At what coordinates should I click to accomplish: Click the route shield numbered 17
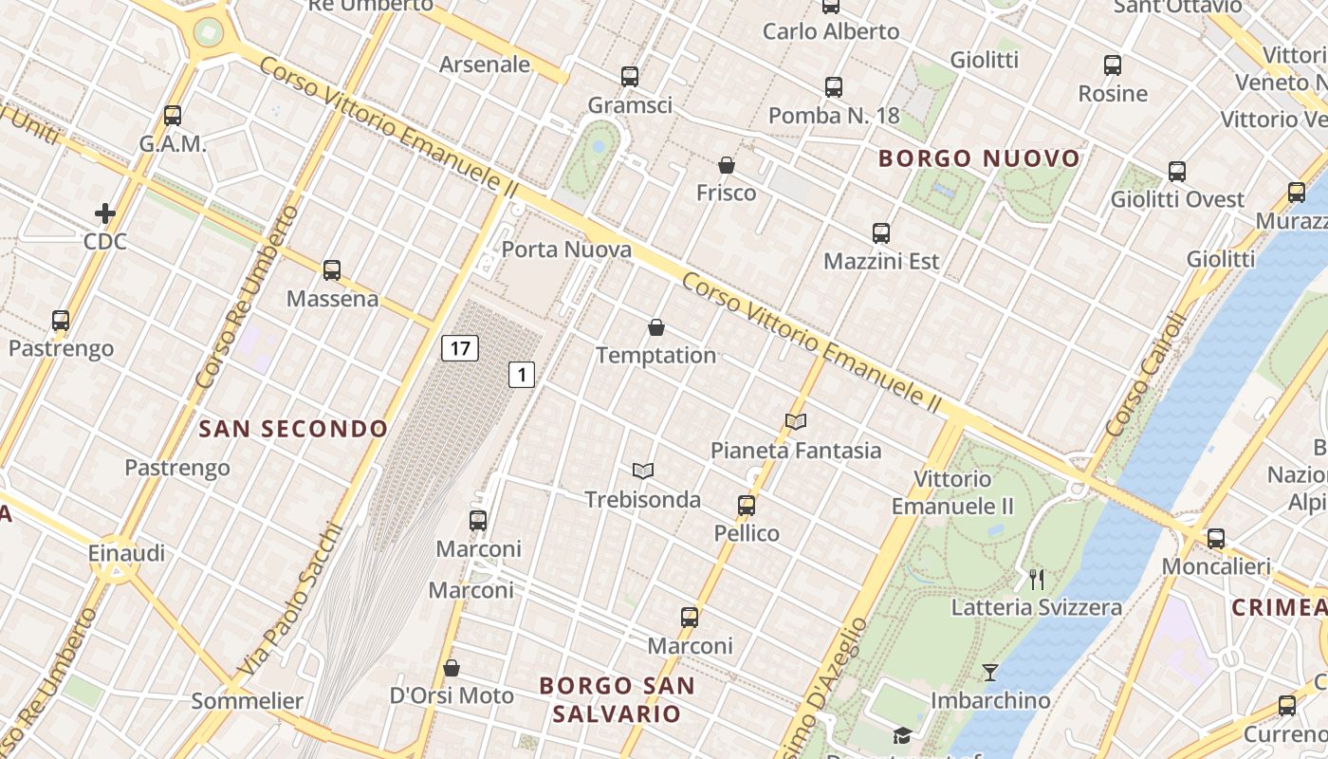click(x=460, y=348)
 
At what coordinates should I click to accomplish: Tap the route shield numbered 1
click(x=521, y=375)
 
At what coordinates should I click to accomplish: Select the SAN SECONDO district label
click(x=293, y=429)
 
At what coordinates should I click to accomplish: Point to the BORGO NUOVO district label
click(x=980, y=158)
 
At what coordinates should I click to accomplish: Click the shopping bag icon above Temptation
click(x=655, y=328)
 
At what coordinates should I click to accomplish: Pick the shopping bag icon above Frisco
click(x=727, y=166)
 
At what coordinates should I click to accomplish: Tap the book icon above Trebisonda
click(x=643, y=471)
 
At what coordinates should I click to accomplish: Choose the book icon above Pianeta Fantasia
click(x=796, y=421)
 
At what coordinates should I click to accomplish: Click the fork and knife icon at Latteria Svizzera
click(x=1037, y=579)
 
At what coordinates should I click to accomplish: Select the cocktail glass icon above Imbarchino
click(x=990, y=673)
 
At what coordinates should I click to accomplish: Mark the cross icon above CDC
click(x=105, y=213)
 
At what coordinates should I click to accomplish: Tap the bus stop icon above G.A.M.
click(x=173, y=116)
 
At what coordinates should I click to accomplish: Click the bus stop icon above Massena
click(x=332, y=270)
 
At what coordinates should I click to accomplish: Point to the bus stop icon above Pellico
click(x=747, y=505)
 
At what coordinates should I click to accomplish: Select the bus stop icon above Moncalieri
click(x=1216, y=539)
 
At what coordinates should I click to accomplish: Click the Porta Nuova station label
click(x=566, y=250)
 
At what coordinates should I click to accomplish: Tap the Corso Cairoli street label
click(x=1146, y=375)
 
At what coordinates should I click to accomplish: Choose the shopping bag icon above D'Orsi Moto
click(x=452, y=668)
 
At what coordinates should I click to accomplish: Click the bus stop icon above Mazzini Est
click(x=881, y=233)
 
